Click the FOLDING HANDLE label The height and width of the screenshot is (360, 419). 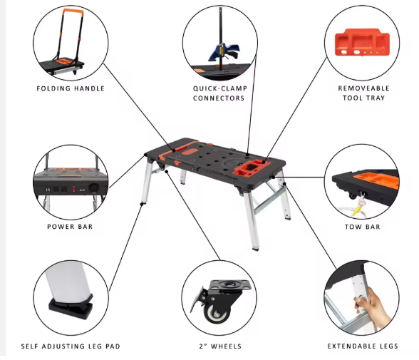[x=70, y=88]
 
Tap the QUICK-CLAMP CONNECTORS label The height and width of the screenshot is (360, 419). [x=219, y=93]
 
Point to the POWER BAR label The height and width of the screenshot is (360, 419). [x=70, y=227]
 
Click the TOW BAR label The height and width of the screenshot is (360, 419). [x=363, y=227]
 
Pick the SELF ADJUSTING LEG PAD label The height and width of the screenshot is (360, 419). [x=70, y=346]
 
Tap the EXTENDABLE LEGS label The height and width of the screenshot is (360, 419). [x=363, y=346]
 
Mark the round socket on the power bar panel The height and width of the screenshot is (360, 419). [x=90, y=190]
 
